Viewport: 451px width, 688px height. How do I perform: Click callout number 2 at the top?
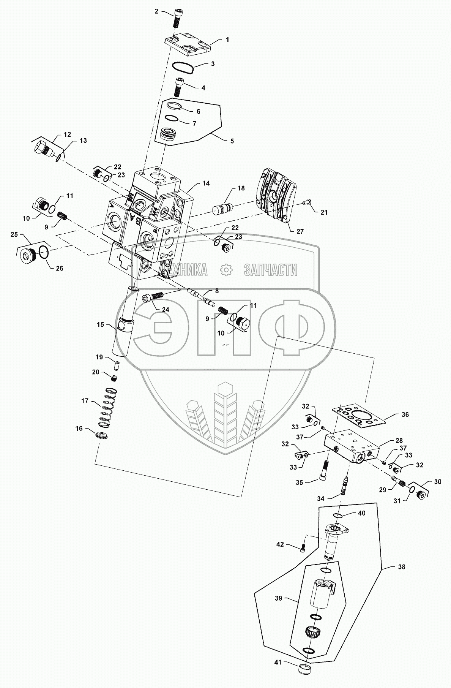click(156, 11)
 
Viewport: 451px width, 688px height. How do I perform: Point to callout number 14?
click(206, 183)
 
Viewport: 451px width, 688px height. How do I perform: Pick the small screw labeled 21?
click(307, 204)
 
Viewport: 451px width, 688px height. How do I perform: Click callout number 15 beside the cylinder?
click(100, 325)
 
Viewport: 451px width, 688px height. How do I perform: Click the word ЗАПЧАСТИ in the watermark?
click(270, 270)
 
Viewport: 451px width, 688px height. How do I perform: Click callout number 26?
click(59, 268)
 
